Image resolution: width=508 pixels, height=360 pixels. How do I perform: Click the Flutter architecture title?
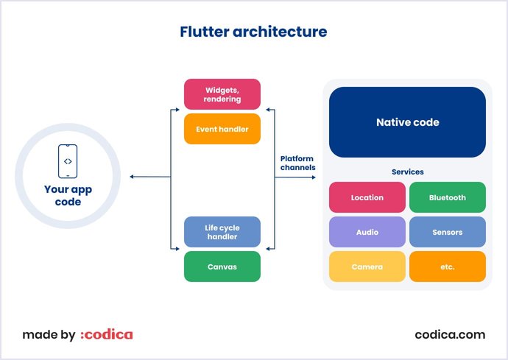coord(253,32)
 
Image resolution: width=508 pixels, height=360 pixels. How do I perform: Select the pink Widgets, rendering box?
coord(222,94)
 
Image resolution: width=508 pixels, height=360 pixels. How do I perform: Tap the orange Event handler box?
coord(222,129)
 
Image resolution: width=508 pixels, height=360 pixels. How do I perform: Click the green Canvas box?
coord(222,267)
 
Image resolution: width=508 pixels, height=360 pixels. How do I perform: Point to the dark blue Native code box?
coord(407,122)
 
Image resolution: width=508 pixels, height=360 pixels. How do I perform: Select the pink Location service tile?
coord(367,197)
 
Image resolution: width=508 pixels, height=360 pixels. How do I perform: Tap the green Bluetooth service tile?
coord(448,197)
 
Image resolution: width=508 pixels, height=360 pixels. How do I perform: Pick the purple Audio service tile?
coord(367,232)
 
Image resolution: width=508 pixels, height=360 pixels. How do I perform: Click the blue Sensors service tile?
coord(448,232)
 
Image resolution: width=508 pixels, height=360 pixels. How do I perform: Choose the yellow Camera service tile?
coord(367,267)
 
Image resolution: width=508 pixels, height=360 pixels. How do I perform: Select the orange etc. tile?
coord(448,267)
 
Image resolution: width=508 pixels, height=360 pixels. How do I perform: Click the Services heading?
coord(407,172)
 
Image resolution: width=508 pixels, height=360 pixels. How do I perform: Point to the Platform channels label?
coord(297,163)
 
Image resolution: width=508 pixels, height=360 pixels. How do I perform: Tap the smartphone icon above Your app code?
coord(67,161)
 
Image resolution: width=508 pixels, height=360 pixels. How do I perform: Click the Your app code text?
coord(67,195)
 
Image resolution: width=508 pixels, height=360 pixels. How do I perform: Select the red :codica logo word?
coord(107,335)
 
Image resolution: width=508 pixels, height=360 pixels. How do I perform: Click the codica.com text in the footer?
coord(450,334)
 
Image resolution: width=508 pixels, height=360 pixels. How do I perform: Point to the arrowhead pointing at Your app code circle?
coord(132,177)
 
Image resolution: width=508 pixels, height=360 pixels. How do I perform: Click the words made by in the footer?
coord(49,335)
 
